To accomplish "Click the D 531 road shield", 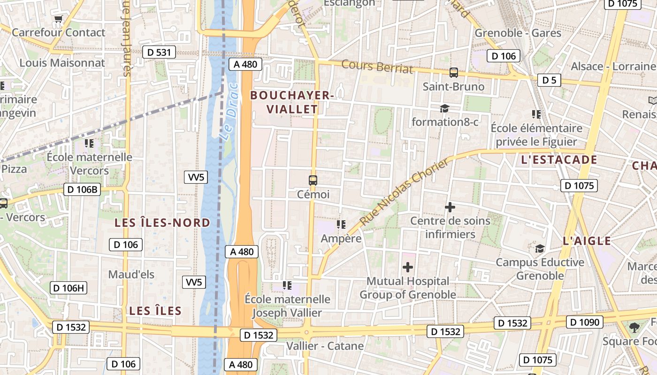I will pyautogui.click(x=159, y=52).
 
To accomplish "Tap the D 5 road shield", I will pyautogui.click(x=549, y=80).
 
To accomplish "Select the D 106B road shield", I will pyautogui.click(x=82, y=189).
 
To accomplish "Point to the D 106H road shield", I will pyautogui.click(x=69, y=288).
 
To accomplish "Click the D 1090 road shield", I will pyautogui.click(x=584, y=322).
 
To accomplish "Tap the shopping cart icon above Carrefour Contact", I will pyautogui.click(x=58, y=19).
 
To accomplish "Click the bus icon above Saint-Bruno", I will pyautogui.click(x=453, y=73).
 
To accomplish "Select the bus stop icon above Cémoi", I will pyautogui.click(x=313, y=180).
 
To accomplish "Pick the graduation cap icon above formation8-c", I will pyautogui.click(x=444, y=109).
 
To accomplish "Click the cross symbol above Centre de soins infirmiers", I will pyautogui.click(x=450, y=207).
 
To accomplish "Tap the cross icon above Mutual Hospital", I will pyautogui.click(x=408, y=267).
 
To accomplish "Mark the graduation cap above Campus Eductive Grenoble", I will pyautogui.click(x=540, y=248).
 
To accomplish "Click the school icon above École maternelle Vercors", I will pyautogui.click(x=89, y=143).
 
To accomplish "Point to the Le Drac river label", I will pyautogui.click(x=229, y=112).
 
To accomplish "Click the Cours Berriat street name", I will pyautogui.click(x=377, y=67).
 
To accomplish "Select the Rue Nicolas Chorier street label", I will pyautogui.click(x=404, y=191).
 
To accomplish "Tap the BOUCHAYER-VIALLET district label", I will pyautogui.click(x=291, y=102).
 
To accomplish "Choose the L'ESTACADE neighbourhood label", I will pyautogui.click(x=559, y=160).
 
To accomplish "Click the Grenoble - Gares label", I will pyautogui.click(x=518, y=33).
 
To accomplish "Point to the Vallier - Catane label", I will pyautogui.click(x=325, y=346).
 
